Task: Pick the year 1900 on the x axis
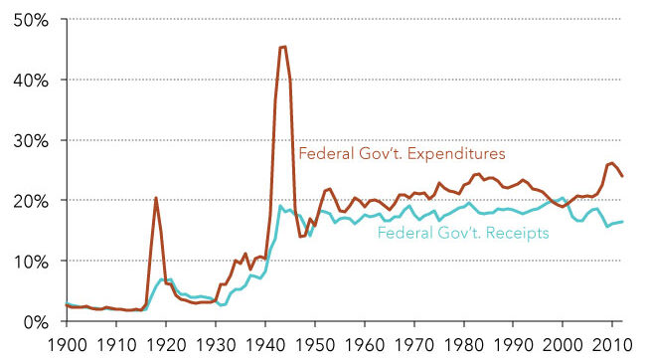67,344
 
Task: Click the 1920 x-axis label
166,344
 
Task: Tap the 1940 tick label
265,344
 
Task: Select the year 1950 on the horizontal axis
315,344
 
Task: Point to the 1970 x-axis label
414,344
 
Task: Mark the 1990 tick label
514,344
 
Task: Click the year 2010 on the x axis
612,344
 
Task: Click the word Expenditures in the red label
458,154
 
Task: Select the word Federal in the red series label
324,154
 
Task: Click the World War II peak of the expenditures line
283,46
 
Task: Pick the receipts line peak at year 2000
563,198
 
